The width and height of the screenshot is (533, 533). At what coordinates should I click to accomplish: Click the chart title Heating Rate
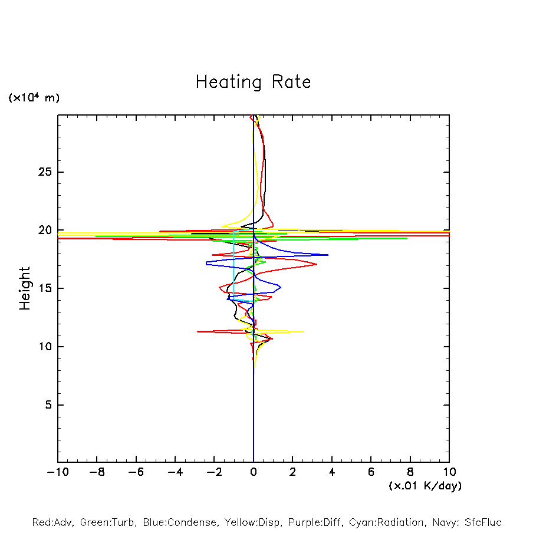[x=253, y=82]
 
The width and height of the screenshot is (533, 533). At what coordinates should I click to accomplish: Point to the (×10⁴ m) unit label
[x=34, y=98]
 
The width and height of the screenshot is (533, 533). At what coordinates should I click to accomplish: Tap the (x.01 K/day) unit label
[x=425, y=486]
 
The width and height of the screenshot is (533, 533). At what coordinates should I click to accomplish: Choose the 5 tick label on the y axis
[x=50, y=405]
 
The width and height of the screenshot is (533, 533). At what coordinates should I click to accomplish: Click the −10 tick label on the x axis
[x=57, y=472]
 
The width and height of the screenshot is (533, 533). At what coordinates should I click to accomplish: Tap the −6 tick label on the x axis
[x=136, y=472]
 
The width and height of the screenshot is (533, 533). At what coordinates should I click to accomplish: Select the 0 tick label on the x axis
[x=254, y=472]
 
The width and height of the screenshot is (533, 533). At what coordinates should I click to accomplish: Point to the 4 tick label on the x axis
[x=332, y=472]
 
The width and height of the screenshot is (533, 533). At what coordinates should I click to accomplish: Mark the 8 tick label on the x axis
[x=410, y=472]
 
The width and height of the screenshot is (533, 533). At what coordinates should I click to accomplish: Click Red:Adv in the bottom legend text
[x=52, y=522]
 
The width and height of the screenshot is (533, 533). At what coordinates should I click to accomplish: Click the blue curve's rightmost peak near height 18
[x=327, y=255]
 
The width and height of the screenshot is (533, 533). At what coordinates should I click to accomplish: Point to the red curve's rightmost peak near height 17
[x=317, y=264]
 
